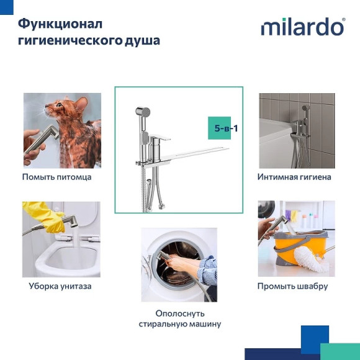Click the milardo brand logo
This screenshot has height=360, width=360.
click(302, 27)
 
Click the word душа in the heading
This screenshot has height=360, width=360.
click(142, 41)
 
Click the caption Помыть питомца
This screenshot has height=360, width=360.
click(56, 177)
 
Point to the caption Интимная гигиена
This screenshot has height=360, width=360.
click(294, 177)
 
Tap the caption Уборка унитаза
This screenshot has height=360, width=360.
click(60, 286)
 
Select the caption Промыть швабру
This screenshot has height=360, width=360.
click(293, 286)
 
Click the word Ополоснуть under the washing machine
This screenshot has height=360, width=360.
click(180, 313)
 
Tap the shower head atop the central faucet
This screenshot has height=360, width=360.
click(143, 114)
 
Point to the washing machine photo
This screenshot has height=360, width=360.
click(179, 264)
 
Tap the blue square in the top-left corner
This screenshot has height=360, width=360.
click(6, 6)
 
